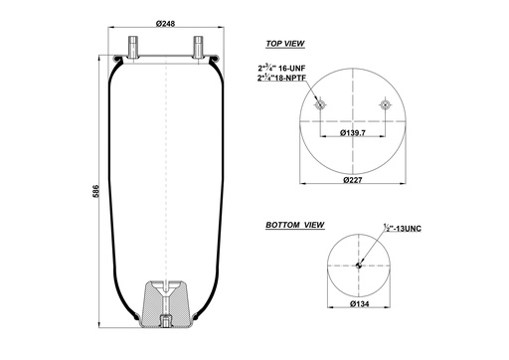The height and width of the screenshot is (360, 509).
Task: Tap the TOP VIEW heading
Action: (284, 45)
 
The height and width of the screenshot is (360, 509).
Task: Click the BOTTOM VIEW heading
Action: (294, 227)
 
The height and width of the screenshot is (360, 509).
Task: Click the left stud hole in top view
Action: (319, 105)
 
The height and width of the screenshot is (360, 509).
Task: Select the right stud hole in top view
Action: (385, 105)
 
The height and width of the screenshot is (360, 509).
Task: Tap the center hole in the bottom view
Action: (357, 265)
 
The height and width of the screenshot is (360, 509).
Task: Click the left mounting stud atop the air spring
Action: (131, 46)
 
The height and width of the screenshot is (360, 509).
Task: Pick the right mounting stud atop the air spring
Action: (200, 46)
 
